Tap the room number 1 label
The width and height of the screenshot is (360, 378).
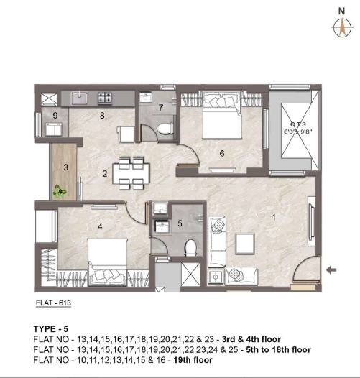coord(274,218)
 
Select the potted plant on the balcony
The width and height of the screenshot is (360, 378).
coord(60,191)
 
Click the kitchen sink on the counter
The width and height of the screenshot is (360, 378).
coord(79,98)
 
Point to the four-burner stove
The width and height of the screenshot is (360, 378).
coord(105,98)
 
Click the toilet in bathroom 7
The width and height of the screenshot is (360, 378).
coord(165,128)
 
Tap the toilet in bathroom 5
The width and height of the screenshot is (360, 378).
coord(190,248)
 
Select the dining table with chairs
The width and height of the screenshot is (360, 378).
coord(131,173)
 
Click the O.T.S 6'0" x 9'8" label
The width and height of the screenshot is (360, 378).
coord(298,128)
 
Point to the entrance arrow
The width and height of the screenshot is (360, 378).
coord(331,270)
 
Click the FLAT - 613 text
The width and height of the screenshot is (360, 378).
coord(53,303)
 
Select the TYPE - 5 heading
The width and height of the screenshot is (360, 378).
coord(51,329)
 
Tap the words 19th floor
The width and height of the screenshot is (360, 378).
coord(193,360)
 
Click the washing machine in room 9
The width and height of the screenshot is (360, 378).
coord(54,129)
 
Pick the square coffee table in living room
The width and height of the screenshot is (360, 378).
coord(245,244)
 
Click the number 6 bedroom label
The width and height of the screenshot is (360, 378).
coord(222,153)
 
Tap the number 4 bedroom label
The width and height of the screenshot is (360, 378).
coord(100,226)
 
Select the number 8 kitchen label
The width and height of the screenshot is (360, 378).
coord(102,116)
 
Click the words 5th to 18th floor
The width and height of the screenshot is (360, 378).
coord(278,349)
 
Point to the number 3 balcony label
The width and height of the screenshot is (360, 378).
coord(66,167)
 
